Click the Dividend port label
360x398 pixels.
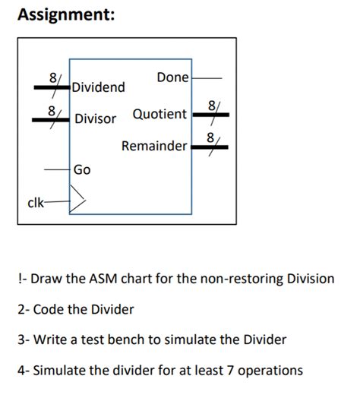[x=99, y=87]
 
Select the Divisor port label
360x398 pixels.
[x=96, y=118]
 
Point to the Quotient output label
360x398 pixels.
[x=159, y=114]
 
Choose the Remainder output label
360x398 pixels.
[x=153, y=145]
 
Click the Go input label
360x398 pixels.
[x=82, y=169]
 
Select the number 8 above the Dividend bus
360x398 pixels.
[x=52, y=77]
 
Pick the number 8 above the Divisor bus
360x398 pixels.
[x=52, y=110]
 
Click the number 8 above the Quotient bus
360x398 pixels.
[x=210, y=104]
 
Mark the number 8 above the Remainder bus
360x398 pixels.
[x=210, y=137]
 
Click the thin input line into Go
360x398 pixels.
[x=56, y=169]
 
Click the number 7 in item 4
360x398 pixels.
[x=225, y=371]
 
